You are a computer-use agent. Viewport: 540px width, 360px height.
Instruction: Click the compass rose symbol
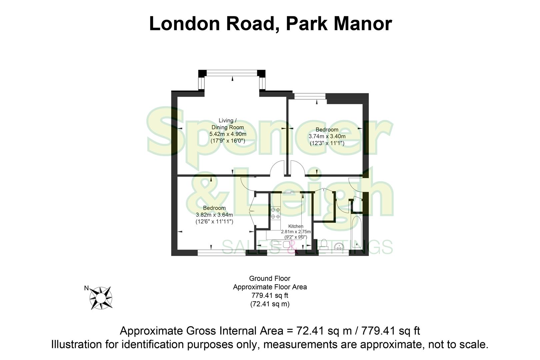tap(102, 298)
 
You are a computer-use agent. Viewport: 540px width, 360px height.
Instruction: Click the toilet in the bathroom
tap(323, 244)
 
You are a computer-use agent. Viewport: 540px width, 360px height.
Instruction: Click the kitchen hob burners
tap(275, 213)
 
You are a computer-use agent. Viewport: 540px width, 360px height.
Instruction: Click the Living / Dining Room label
tap(228, 124)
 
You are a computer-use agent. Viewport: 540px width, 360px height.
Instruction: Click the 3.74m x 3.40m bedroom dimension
tap(327, 136)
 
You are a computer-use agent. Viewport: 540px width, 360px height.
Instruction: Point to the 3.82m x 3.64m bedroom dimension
tap(214, 215)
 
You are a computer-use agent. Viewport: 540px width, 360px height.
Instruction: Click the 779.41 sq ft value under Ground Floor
tap(270, 295)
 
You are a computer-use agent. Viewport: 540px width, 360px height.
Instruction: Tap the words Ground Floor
tap(270, 278)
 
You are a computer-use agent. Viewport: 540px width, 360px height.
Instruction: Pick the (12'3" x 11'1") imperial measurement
tap(327, 143)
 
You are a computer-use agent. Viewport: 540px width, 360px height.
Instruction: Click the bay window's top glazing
tap(232, 72)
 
